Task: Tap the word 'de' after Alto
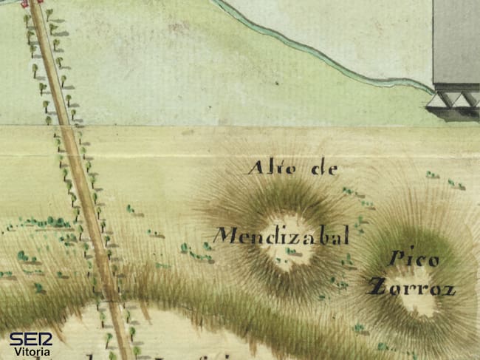click(x=324, y=169)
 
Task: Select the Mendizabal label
click(x=281, y=237)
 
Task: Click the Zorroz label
click(x=411, y=288)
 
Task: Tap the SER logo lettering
click(x=30, y=339)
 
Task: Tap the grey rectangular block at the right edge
click(x=456, y=41)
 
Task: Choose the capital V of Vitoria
click(x=14, y=351)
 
